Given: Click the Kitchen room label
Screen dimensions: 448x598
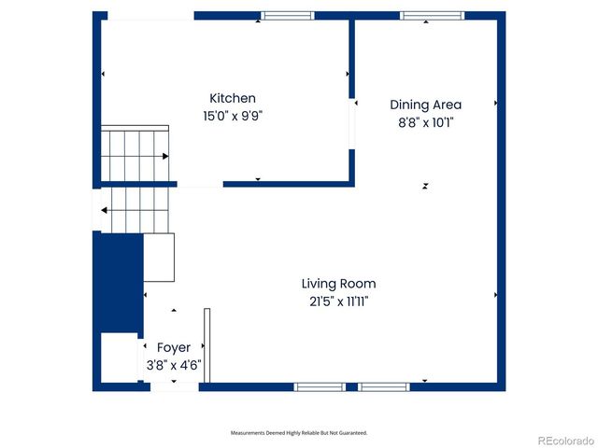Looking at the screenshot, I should coord(233,98).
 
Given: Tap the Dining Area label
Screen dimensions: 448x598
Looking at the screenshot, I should coord(425,105).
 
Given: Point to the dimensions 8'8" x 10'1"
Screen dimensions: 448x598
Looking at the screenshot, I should coord(425,122).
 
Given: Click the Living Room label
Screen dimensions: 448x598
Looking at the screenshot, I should coord(338,283).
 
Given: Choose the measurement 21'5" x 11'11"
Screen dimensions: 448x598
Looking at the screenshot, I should coord(338,301).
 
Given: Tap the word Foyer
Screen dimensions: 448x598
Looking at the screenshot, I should coord(174,347).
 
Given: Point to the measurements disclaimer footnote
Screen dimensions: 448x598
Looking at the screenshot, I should coord(299,432).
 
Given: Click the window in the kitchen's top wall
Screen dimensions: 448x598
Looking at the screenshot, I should coord(287,15).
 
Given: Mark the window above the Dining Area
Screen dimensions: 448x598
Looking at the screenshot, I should coord(432,15).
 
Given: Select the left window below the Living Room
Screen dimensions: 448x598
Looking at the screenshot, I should coord(320,385).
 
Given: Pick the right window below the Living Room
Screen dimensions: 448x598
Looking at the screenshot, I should coord(384,385).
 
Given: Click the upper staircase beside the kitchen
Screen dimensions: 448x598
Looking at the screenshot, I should coord(135,154).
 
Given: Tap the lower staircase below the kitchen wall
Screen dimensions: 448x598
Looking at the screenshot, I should coord(135,211).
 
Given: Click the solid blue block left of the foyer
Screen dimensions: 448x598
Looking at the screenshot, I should coord(118,282).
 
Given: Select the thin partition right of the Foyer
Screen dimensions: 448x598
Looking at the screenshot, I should coord(207,344).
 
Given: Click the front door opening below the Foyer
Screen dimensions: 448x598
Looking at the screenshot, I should coord(174,385).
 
